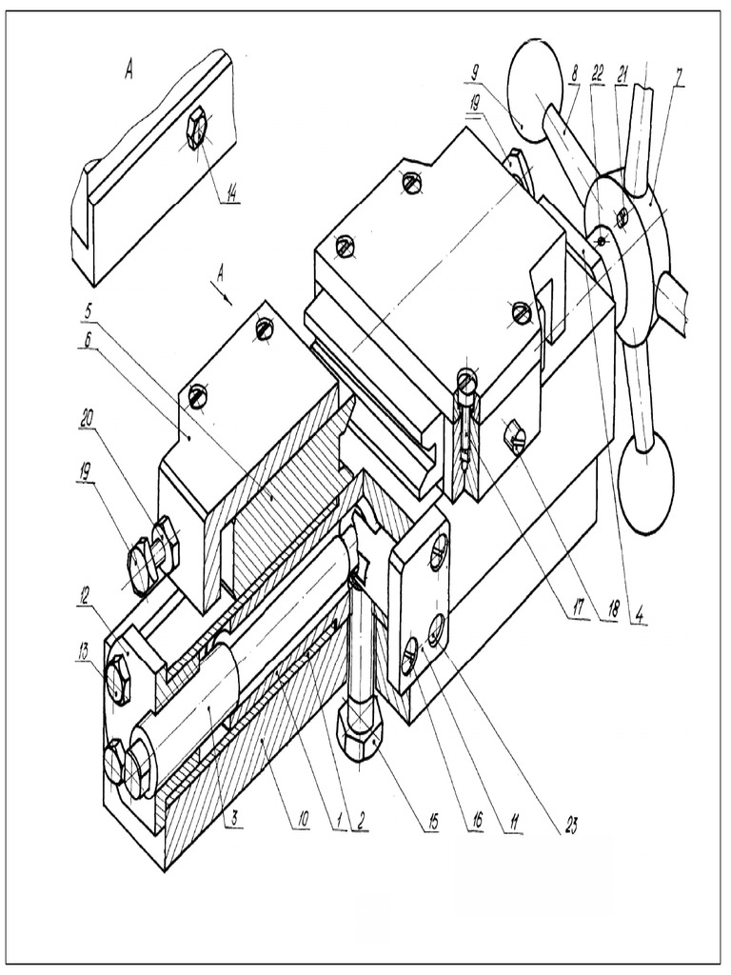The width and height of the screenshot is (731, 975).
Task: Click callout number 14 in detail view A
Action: coord(229,195)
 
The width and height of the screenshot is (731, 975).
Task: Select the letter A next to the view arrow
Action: coord(221,274)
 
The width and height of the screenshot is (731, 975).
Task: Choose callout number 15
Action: coord(432,821)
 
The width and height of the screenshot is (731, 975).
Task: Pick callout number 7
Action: coord(679,76)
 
